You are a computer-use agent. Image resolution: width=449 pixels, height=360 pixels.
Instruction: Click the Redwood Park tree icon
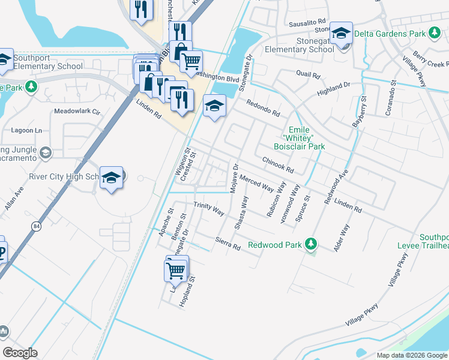[x=311, y=244]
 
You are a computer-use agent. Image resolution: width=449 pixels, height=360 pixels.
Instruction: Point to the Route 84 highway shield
[x=37, y=226]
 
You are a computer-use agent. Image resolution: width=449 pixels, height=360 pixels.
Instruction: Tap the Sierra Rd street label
[x=228, y=243]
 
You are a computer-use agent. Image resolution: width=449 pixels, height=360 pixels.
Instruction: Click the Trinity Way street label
[x=208, y=209]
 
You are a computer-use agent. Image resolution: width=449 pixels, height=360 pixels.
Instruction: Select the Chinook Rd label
[x=277, y=164]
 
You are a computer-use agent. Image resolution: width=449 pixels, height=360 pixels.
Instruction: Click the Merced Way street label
[x=256, y=182]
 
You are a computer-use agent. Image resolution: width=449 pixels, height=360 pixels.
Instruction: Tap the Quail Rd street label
[x=308, y=75]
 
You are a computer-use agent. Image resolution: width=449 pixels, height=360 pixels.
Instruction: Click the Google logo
[x=20, y=353]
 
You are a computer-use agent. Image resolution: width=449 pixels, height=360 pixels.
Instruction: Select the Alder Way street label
[x=342, y=237]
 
